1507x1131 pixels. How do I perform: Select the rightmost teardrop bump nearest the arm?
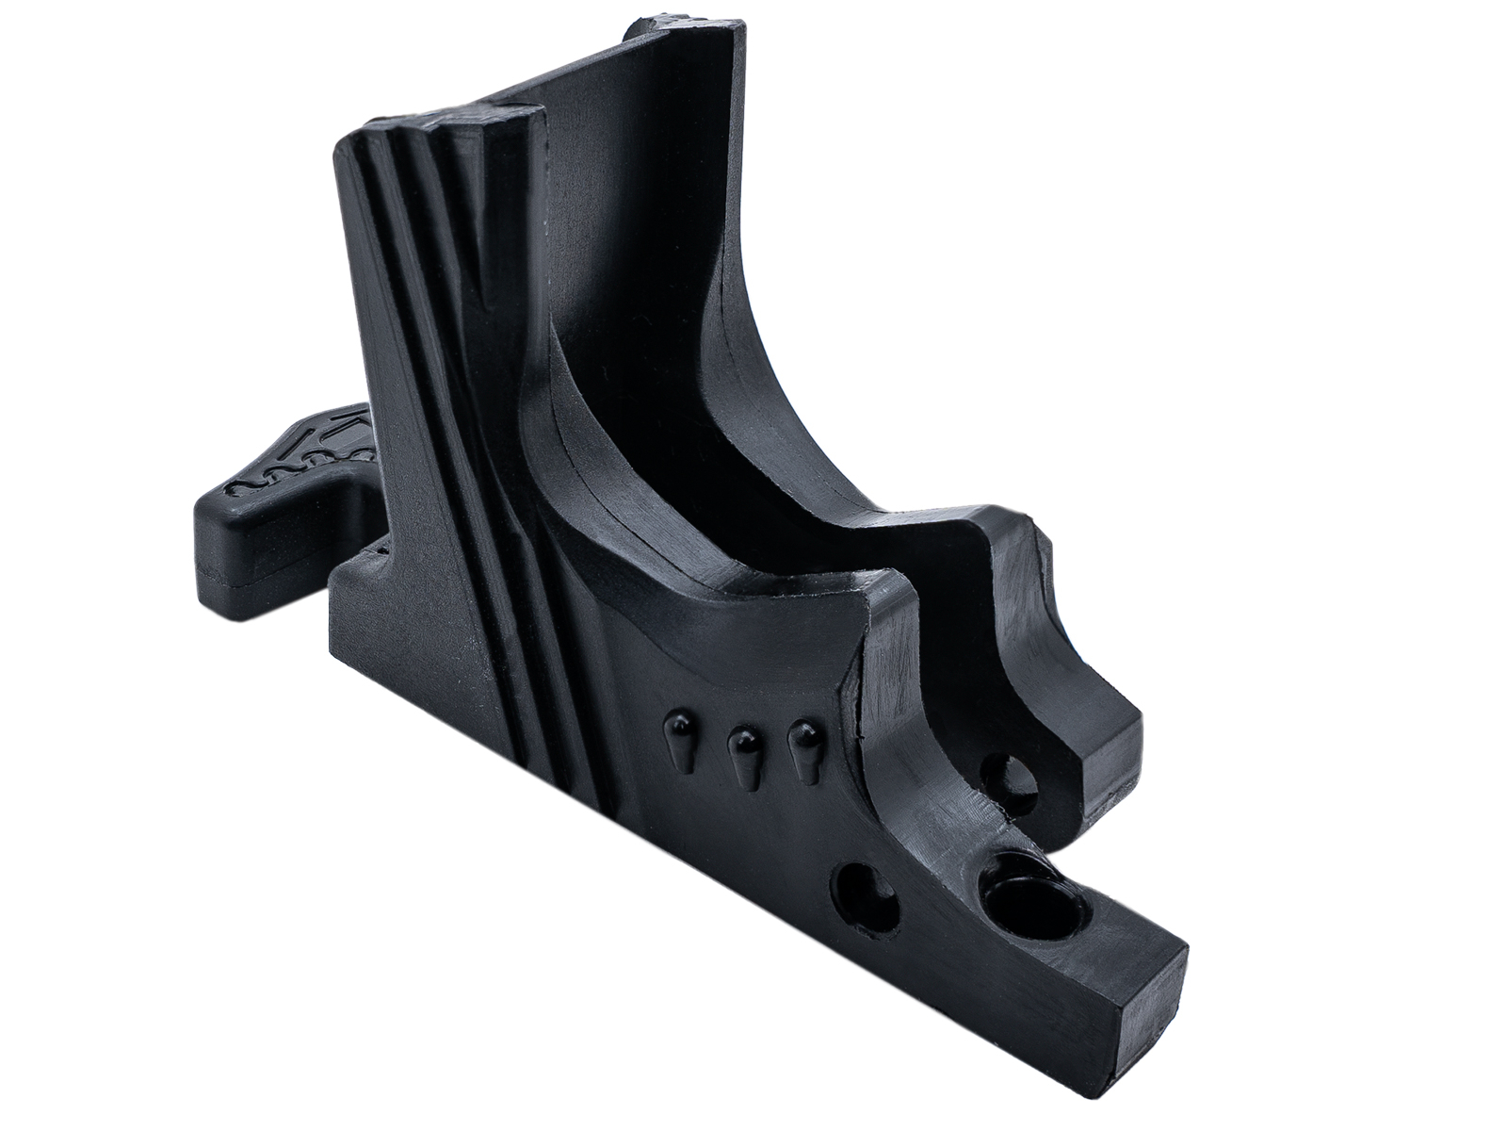[x=803, y=742]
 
